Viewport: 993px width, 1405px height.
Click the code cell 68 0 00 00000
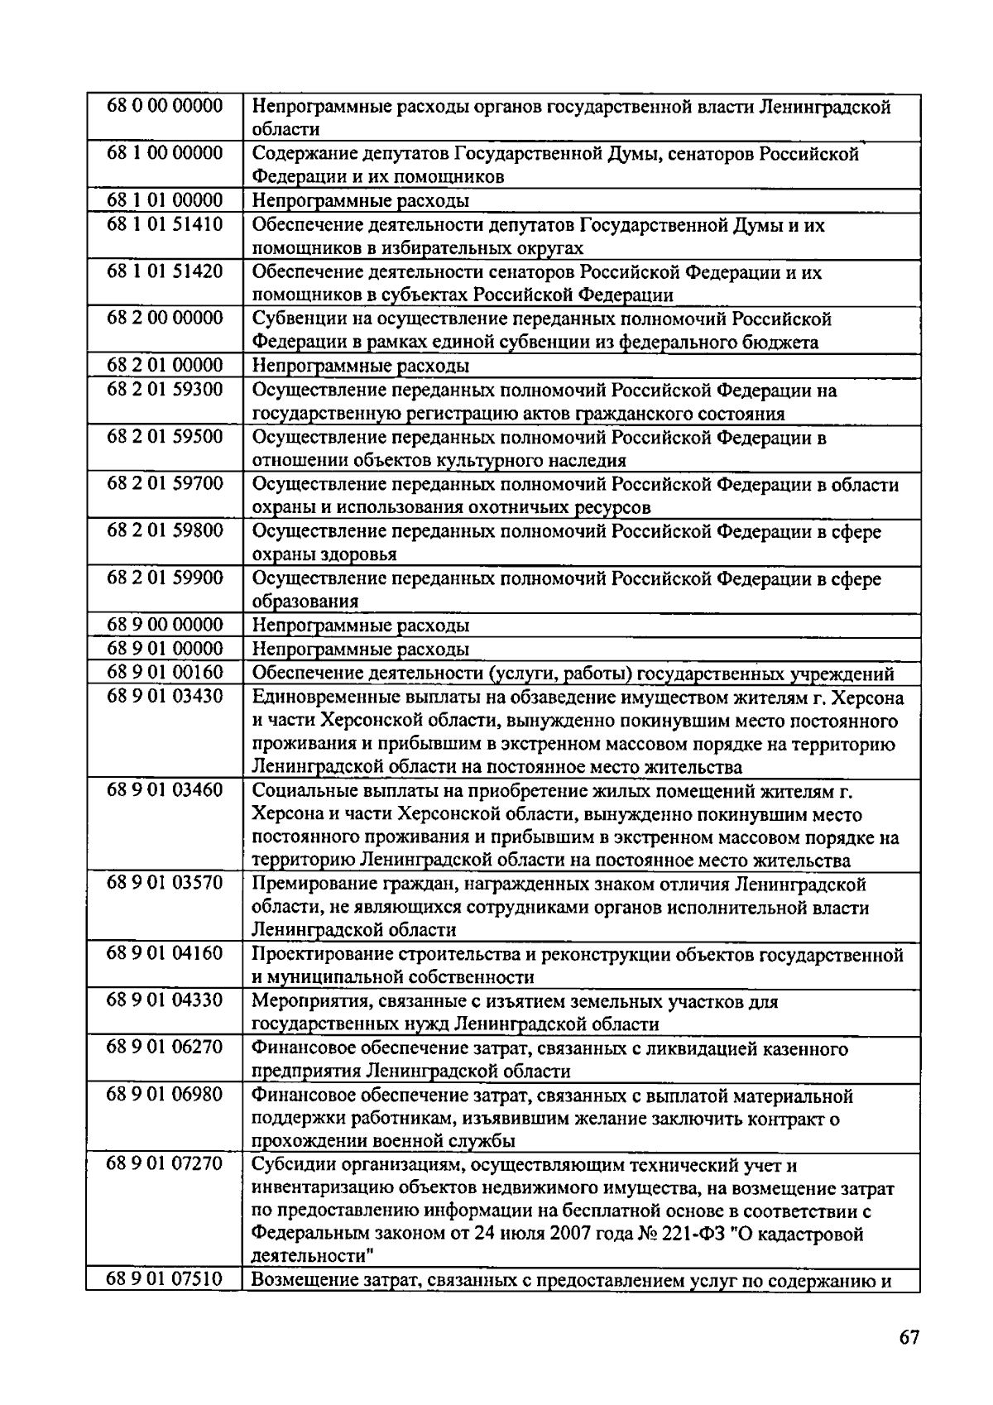coord(165,106)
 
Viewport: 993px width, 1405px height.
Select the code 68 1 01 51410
coord(165,224)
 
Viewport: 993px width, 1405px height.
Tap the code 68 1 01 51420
coord(165,271)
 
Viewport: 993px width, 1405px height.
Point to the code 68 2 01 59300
coord(165,389)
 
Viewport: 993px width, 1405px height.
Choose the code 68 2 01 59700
coord(165,483)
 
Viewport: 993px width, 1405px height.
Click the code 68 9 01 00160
coord(165,672)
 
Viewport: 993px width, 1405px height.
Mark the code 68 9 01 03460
coord(165,790)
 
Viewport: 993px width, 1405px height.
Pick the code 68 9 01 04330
coord(165,1000)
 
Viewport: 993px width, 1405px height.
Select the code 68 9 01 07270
coord(165,1164)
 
